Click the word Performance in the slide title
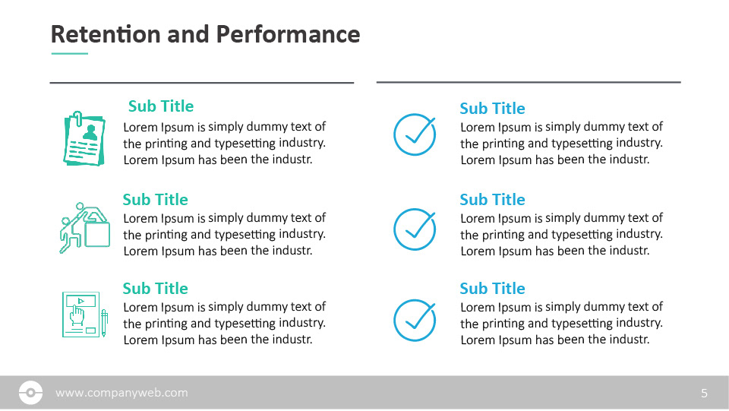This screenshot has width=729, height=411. click(x=289, y=34)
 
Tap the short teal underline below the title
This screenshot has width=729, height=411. click(x=70, y=53)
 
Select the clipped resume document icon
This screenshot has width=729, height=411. click(x=84, y=138)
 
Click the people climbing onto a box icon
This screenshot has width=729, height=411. click(x=84, y=228)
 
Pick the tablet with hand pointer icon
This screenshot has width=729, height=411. click(x=84, y=315)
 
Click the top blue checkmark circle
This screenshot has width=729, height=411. click(x=415, y=134)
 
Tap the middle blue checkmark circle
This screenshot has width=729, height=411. click(x=415, y=229)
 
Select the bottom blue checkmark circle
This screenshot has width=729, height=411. click(x=415, y=321)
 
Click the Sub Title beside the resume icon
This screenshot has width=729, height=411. click(x=161, y=106)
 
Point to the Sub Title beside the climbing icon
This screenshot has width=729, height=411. click(x=155, y=200)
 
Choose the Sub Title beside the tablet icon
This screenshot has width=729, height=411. click(x=155, y=289)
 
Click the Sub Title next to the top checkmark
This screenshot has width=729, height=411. click(x=492, y=109)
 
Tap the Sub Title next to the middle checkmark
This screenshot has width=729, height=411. click(x=492, y=200)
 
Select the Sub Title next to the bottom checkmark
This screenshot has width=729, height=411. click(x=492, y=289)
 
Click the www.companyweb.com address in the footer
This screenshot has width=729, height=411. click(x=121, y=393)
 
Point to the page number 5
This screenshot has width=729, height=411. click(x=705, y=394)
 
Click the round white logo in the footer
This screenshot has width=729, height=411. click(x=30, y=393)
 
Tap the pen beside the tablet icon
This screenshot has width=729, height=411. click(x=104, y=323)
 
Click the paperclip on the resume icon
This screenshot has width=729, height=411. click(x=77, y=119)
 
